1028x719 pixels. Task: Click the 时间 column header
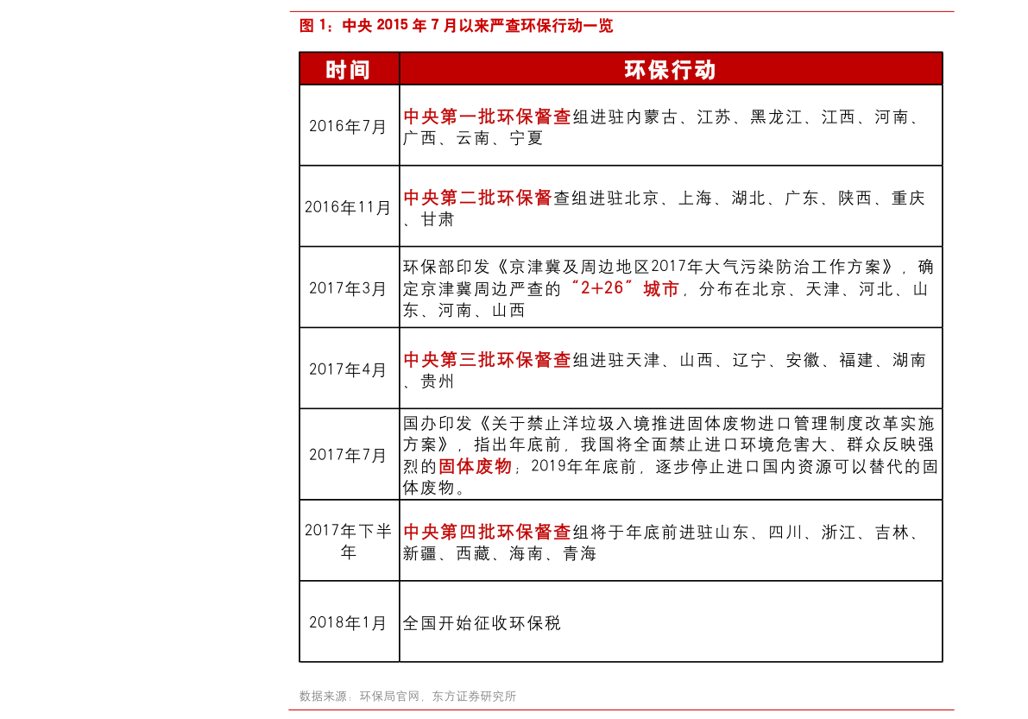348,69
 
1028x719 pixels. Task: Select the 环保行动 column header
670,69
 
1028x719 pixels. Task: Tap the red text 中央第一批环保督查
487,117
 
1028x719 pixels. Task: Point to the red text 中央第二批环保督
477,198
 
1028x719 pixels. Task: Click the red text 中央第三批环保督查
487,359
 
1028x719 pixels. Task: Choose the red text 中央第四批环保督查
487,532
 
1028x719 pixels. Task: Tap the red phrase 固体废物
475,466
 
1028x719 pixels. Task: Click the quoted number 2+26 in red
602,288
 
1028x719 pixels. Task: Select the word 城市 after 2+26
661,288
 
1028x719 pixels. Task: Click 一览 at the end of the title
602,26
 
